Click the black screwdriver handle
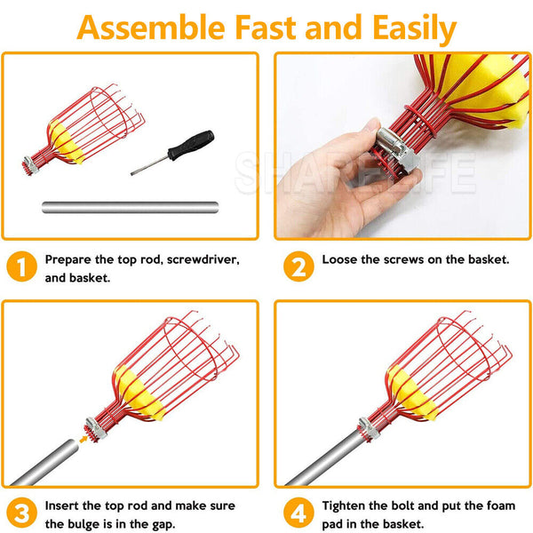[x=195, y=144]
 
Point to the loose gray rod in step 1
[x=129, y=208]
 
